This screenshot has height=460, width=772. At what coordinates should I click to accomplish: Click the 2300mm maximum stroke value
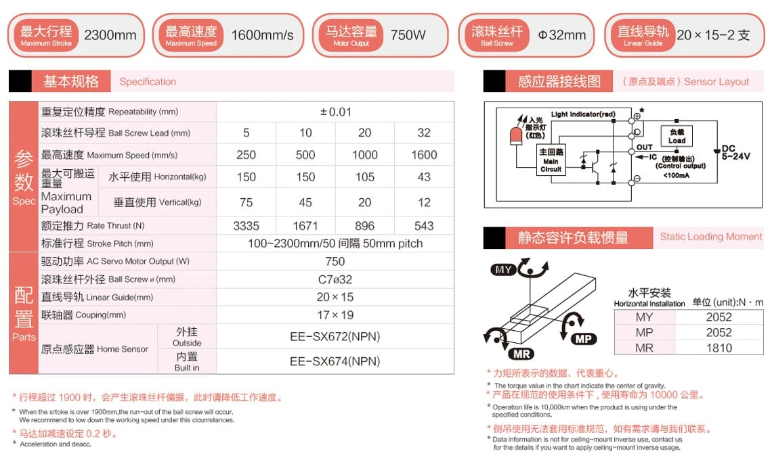[x=110, y=35]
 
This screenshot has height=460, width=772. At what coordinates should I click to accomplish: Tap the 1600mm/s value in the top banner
[x=263, y=35]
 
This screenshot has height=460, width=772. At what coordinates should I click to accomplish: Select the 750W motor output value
[x=408, y=35]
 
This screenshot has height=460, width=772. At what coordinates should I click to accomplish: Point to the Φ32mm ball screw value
[x=562, y=35]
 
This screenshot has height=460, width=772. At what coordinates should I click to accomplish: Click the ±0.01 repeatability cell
[x=335, y=112]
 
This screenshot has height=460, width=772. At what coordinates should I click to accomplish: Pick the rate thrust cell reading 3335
[x=246, y=225]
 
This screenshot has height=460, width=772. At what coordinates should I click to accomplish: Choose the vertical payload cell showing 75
[x=246, y=202]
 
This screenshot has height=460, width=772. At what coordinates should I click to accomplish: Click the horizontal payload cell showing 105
[x=364, y=177]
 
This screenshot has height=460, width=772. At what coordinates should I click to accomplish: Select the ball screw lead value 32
[x=424, y=133]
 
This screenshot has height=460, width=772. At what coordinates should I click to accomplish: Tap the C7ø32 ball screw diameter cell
[x=335, y=279]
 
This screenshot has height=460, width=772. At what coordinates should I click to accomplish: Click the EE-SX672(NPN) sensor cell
[x=335, y=336]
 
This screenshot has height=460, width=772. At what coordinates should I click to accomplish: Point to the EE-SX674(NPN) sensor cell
[x=335, y=361]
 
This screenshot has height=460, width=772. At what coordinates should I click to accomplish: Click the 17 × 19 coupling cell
[x=335, y=315]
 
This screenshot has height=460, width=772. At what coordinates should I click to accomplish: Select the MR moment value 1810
[x=719, y=348]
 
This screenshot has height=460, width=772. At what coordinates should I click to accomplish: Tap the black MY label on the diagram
[x=503, y=269]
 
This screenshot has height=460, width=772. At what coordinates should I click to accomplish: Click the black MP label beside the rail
[x=583, y=339]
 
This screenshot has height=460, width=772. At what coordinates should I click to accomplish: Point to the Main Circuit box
[x=551, y=161]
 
